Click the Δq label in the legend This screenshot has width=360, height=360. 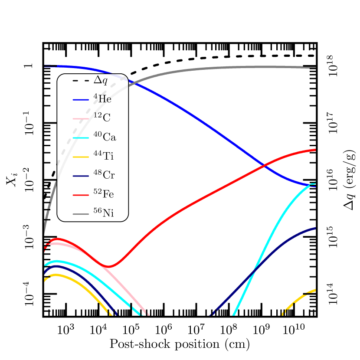(101, 80)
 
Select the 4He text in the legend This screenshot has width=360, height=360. (102, 99)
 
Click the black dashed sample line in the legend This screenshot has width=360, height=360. (81, 81)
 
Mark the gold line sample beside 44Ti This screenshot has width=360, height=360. (81, 157)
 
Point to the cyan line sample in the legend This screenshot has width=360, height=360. (81, 137)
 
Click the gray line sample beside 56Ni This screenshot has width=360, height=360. (81, 213)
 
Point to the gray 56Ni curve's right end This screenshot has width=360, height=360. (315, 67)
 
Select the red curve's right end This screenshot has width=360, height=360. (315, 150)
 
